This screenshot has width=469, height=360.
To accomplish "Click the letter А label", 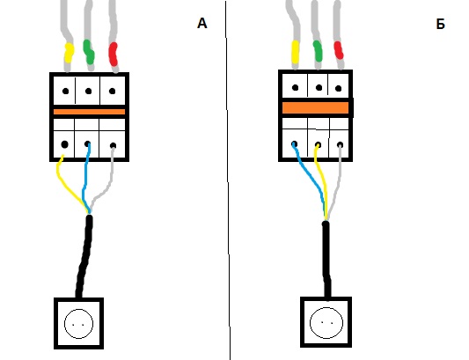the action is coord(202,23).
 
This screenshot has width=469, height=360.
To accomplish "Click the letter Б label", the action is coord(440,24).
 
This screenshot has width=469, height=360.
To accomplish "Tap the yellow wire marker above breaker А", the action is coord(70,53).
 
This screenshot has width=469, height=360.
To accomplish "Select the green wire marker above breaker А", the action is coord(89,52).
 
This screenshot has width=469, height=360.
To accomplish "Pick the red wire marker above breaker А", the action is coord(113,54).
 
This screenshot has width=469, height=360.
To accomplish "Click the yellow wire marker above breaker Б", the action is coord(296,52).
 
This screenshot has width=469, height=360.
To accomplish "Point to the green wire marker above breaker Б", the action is coord(318,51).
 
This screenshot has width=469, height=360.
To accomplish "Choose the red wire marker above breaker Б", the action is coord(338,50).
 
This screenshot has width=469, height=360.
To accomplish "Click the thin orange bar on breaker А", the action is coord(89,112).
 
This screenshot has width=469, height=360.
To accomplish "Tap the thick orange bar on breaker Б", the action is coord(316,107).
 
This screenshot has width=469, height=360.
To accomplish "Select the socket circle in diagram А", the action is coord(78,324).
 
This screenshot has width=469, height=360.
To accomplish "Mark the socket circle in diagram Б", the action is coord(326,323).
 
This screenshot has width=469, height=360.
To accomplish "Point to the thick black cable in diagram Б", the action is coord(326,260).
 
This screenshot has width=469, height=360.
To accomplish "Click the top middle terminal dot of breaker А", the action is coord(88,91).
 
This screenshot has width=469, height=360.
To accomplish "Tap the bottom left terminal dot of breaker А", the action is coord(64,144).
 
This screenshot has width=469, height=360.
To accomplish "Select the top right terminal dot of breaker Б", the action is coord(338,88).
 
